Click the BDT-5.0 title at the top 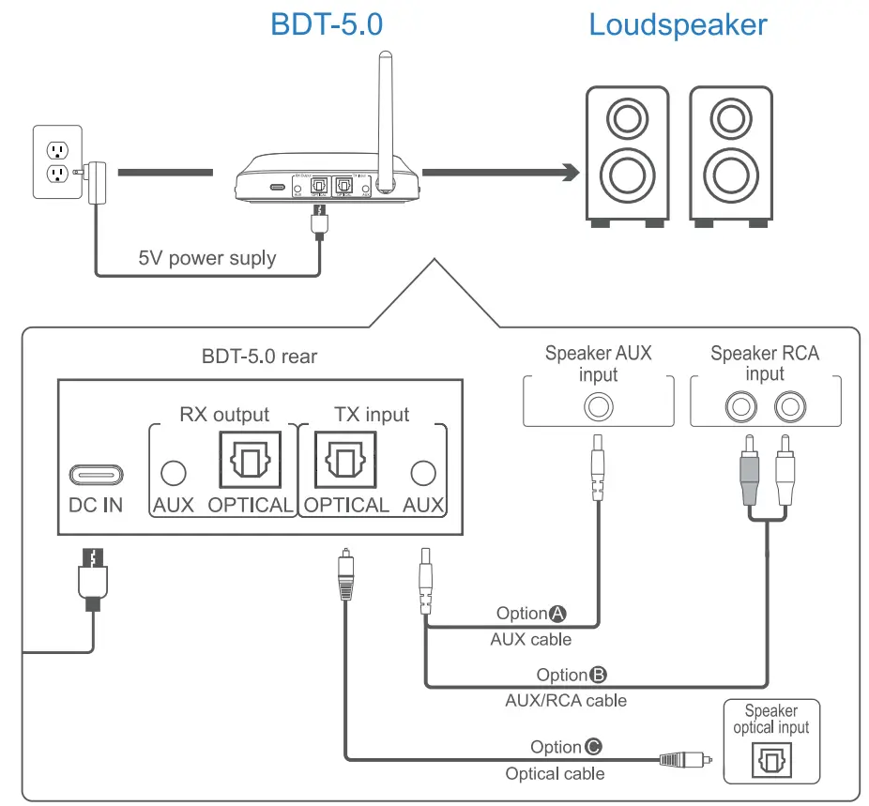[x=326, y=24]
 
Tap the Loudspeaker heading [x=678, y=24]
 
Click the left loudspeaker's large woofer [x=625, y=173]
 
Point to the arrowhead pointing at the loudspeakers [x=567, y=172]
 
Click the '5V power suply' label [x=207, y=258]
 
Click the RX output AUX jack [x=173, y=473]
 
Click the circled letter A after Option [x=557, y=614]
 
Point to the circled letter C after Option [x=592, y=747]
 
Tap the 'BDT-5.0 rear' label [x=259, y=356]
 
